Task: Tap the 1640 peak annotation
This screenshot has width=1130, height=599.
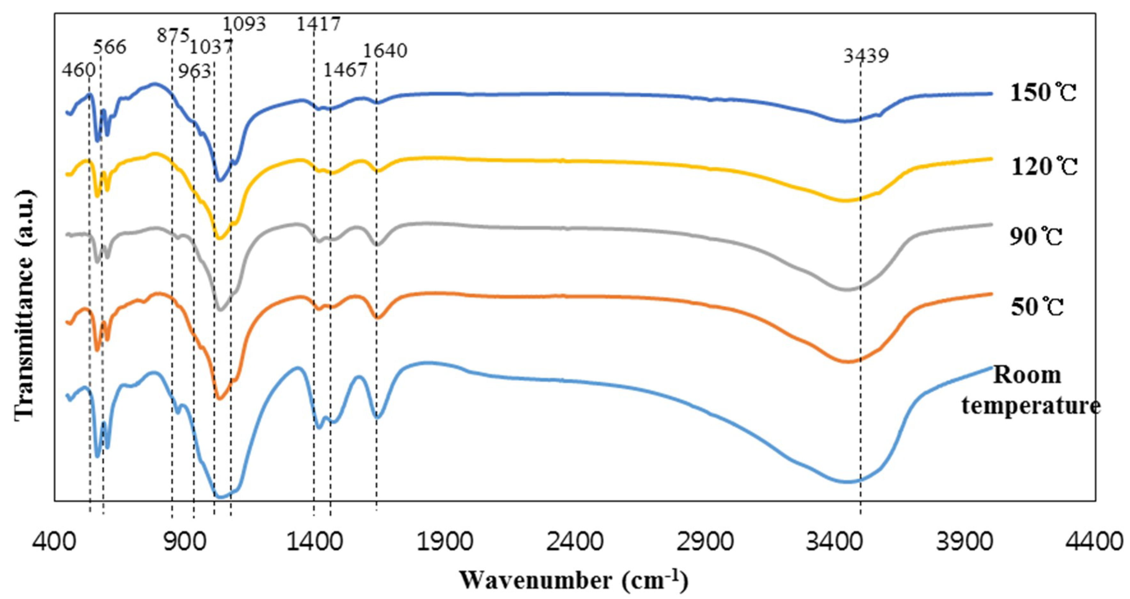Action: tap(385, 51)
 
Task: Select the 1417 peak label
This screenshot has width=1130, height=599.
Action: tap(318, 24)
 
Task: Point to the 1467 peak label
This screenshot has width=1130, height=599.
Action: tap(345, 70)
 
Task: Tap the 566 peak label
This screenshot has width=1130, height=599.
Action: tap(110, 47)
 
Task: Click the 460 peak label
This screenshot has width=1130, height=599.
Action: tap(79, 70)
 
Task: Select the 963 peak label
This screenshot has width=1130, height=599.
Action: tap(194, 71)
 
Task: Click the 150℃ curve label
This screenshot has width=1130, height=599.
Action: tap(1043, 93)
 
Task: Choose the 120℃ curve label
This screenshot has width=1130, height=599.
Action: tap(1044, 167)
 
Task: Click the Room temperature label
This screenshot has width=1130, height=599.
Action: tap(1031, 390)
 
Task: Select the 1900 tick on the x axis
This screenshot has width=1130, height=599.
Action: tap(444, 542)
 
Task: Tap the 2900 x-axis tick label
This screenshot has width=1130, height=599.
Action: tap(704, 542)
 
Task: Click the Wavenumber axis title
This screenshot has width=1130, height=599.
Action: tap(574, 580)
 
